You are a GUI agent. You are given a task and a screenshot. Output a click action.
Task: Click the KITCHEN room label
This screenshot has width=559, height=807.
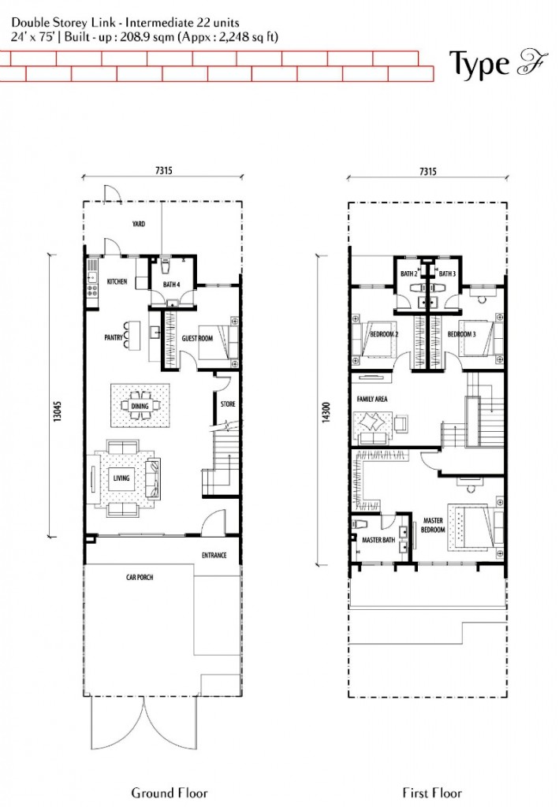pos(117,281)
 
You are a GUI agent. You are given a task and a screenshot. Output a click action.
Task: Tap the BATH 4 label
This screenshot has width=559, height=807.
pos(171,284)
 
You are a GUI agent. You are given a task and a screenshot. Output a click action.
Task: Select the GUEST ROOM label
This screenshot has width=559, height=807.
pos(197,338)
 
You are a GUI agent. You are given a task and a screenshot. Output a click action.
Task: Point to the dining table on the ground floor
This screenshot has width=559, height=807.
pos(140,406)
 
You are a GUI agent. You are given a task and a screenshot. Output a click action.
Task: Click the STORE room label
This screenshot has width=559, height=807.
pos(228,404)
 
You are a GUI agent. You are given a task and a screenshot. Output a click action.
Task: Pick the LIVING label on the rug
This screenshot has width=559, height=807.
pos(121,478)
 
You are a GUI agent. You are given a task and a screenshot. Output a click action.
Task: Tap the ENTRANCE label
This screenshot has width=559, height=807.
pos(214,556)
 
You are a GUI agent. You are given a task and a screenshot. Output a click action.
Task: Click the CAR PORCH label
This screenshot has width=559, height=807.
pos(140,578)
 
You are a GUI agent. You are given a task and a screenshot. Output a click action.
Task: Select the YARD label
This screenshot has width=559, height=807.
pos(139,224)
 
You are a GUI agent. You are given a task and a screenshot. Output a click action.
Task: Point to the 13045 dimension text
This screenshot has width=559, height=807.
pos(57,411)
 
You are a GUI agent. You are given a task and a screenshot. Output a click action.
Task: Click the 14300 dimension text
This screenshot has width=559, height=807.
pos(326,413)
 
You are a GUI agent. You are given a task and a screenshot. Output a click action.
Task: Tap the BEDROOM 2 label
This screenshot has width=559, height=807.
pos(384,334)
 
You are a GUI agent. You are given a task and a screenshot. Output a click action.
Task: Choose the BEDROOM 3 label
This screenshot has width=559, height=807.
pos(462,334)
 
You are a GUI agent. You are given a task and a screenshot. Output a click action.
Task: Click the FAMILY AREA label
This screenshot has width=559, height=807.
pos(372,399)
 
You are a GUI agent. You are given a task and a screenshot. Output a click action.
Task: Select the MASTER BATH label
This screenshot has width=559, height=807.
pos(378,540)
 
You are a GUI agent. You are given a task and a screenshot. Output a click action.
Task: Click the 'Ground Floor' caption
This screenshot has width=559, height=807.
pos(170,793)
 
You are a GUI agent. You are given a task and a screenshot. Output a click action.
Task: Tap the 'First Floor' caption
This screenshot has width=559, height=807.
pos(432,793)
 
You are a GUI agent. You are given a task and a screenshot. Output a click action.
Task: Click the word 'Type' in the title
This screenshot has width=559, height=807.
pos(479,65)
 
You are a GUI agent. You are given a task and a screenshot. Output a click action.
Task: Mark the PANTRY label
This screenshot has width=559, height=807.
pos(114,338)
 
